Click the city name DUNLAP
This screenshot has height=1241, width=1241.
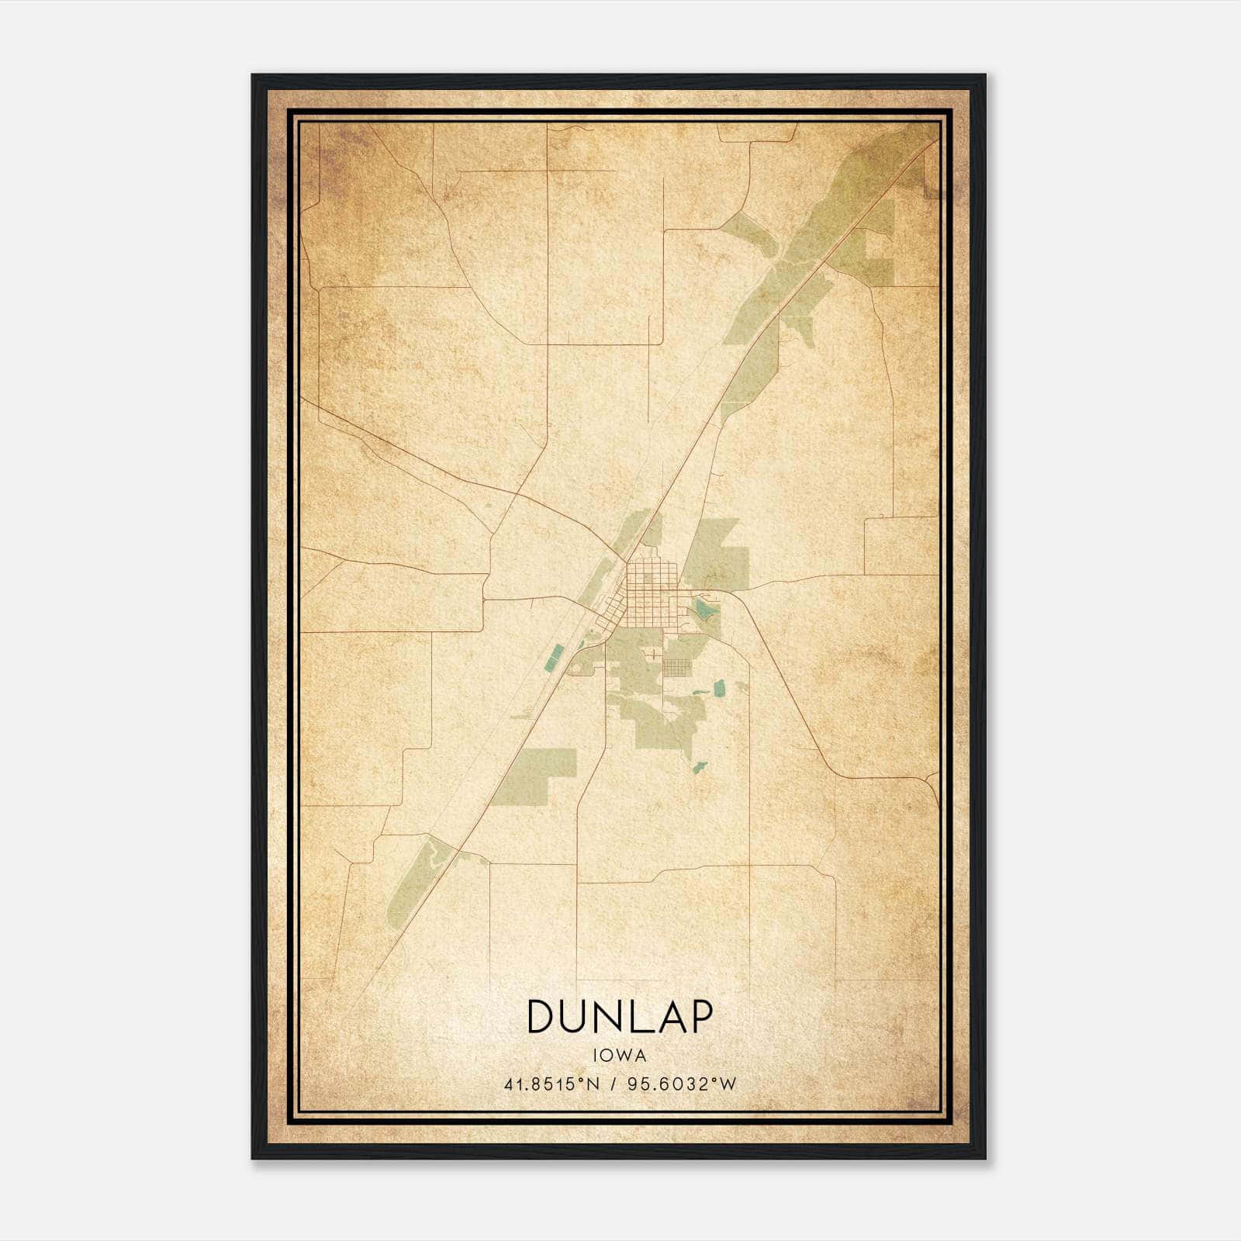619,1017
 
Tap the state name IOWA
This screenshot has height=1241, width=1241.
619,1056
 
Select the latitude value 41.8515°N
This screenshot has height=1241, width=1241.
552,1084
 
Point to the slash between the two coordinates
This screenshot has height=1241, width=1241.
614,1084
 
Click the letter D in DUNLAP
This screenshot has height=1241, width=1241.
541,1017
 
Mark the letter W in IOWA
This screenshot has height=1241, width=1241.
622,1056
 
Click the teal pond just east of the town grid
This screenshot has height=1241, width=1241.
704,610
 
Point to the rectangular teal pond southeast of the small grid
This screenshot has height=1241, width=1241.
718,688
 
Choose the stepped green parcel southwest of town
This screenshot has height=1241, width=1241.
535,774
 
